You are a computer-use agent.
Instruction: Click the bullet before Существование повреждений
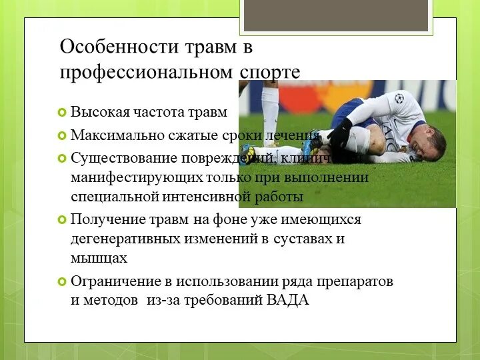[x=62, y=158]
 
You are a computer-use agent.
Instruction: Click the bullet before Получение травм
[x=62, y=219]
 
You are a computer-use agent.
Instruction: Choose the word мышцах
[x=99, y=257]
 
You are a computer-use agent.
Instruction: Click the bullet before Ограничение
[x=62, y=281]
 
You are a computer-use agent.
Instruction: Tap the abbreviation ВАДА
[x=288, y=300]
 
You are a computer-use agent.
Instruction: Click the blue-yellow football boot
[x=310, y=146]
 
